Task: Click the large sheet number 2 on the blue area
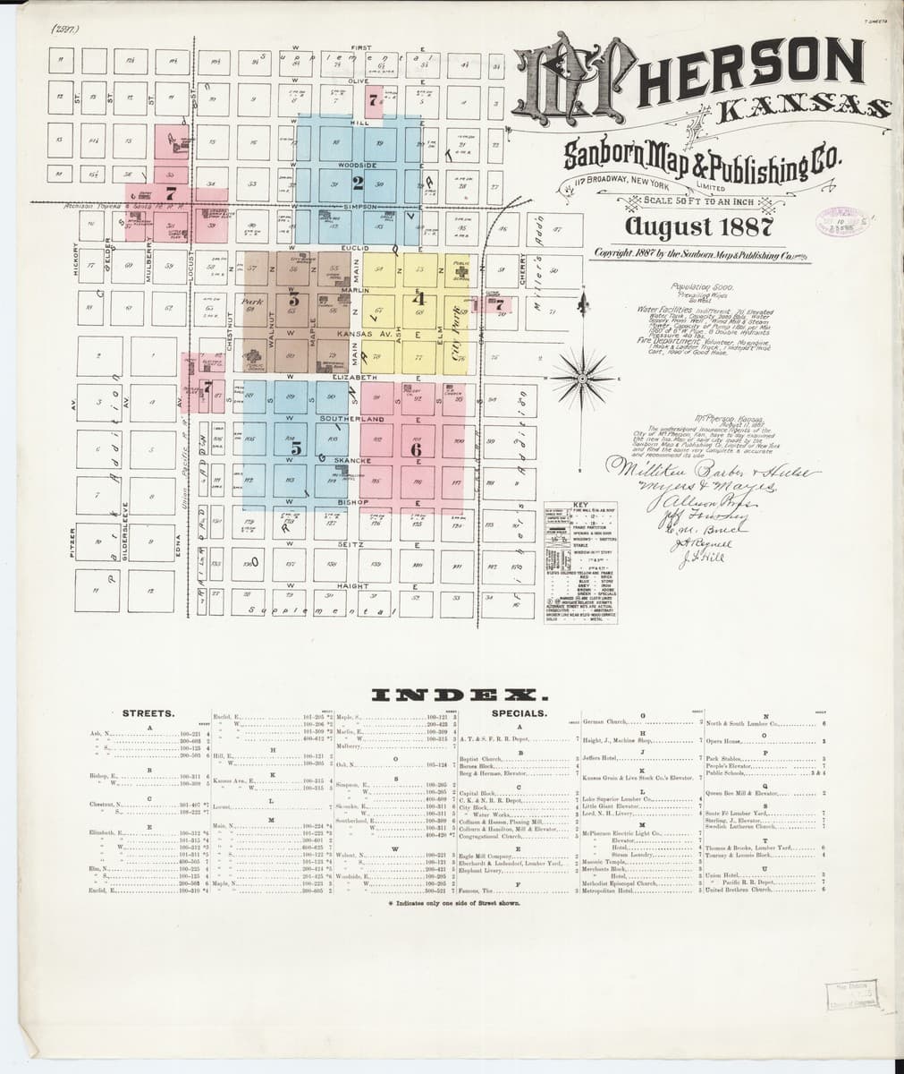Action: click(358, 184)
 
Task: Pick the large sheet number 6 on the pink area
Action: click(415, 449)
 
